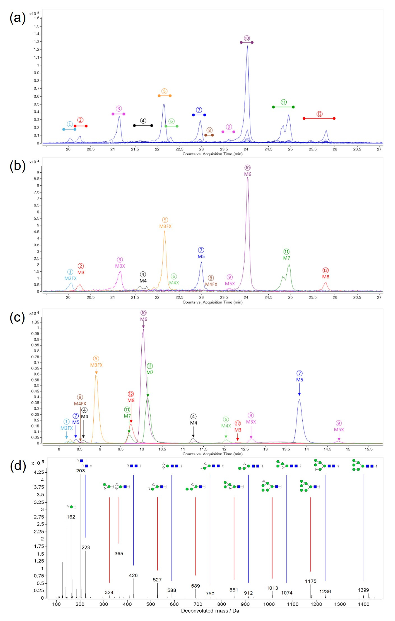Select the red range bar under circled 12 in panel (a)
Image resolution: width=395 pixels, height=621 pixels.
click(319, 118)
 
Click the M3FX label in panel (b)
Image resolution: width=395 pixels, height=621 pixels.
click(165, 226)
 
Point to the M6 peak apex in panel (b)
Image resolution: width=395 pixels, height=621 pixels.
click(248, 178)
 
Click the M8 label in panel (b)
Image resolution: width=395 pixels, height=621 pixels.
click(326, 277)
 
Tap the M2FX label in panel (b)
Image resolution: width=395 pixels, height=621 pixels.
click(70, 278)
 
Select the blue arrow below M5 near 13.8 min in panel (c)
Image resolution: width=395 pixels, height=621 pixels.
click(299, 390)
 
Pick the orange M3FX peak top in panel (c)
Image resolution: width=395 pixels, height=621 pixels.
click(96, 376)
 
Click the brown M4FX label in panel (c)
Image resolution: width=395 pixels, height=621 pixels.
click(80, 404)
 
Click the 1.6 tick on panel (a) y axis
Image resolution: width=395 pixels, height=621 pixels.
click(36, 18)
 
